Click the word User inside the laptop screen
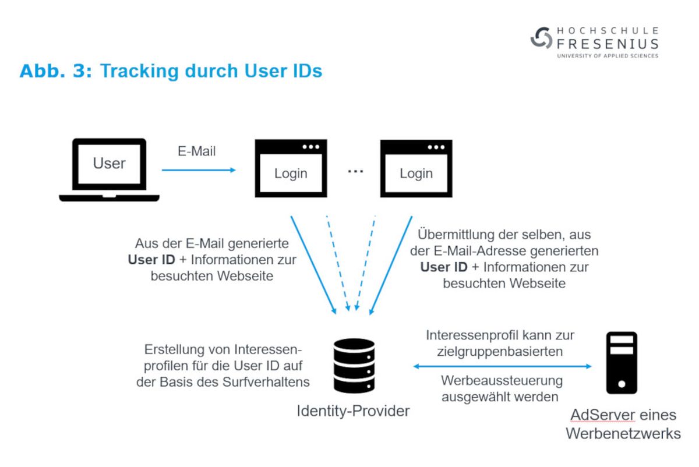point(110,163)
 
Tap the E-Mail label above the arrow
point(197,151)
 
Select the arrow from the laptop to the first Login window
point(199,170)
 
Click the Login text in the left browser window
point(291,174)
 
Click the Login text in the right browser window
point(416,174)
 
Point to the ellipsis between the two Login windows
point(355,171)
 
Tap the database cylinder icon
point(354,366)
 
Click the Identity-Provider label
point(353,411)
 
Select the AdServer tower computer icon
point(622,363)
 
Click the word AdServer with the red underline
point(602,415)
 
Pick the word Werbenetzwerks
point(623,434)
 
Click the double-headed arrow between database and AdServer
point(502,366)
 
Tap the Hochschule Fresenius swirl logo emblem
point(541,38)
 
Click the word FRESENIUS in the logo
point(608,44)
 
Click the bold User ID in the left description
point(151,260)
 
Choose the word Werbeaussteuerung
point(502,381)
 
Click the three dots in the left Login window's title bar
point(311,147)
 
